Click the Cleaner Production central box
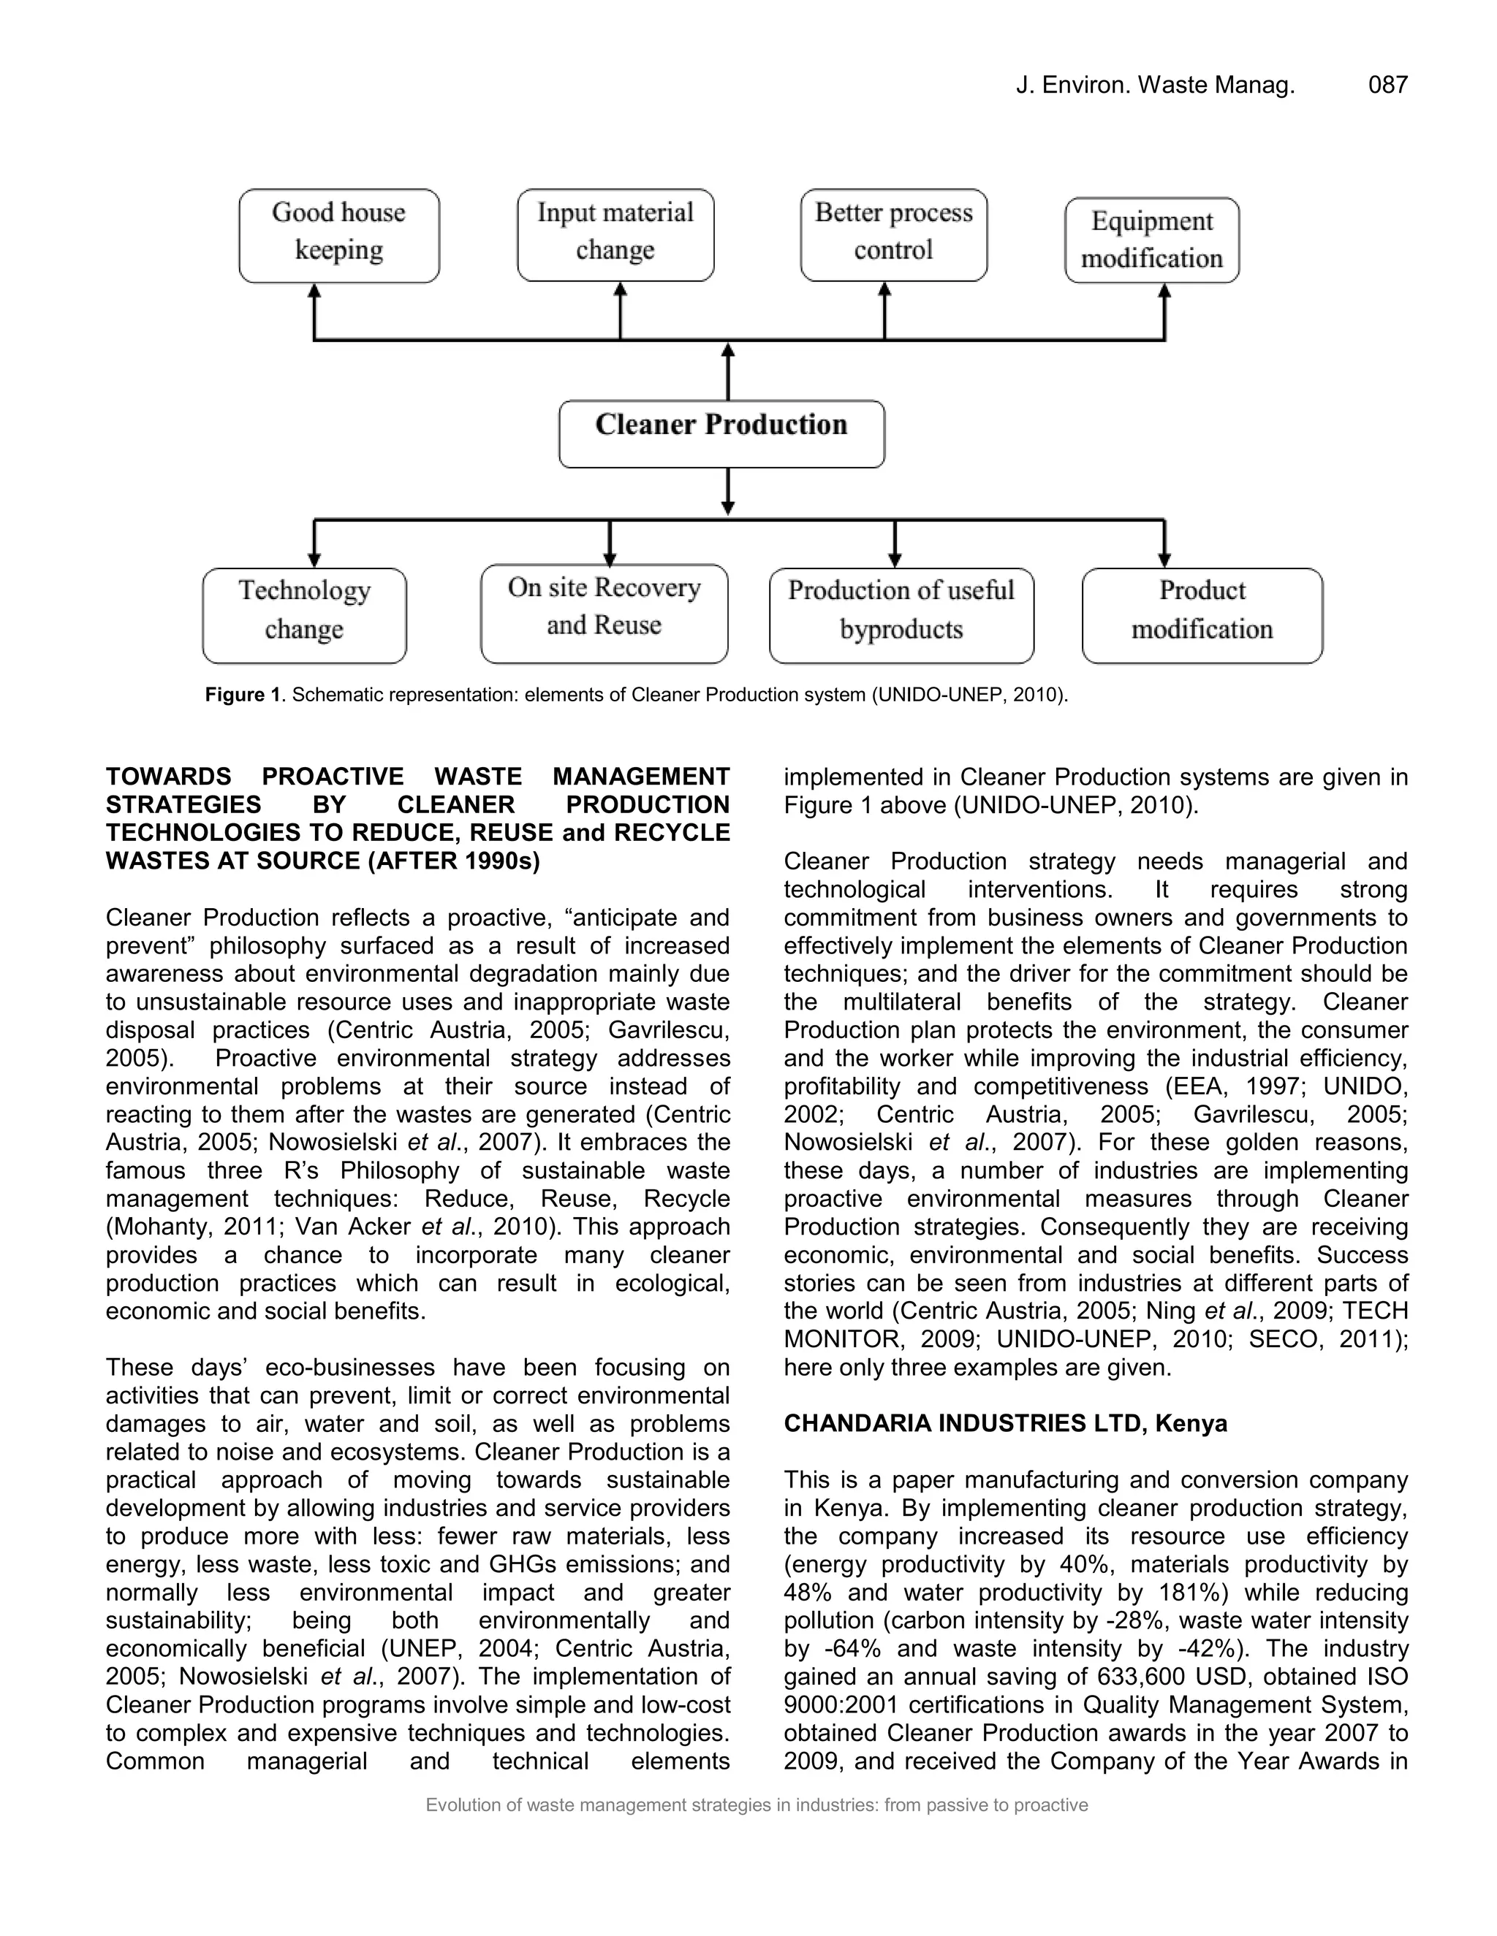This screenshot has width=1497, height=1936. point(721,433)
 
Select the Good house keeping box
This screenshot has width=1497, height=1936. point(338,236)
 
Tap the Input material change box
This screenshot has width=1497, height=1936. point(615,235)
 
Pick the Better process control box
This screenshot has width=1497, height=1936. point(893,235)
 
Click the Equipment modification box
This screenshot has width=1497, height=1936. point(1151,240)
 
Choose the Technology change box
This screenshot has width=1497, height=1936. point(304,615)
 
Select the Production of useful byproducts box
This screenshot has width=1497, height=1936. point(901,615)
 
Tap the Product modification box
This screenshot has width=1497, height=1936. point(1202,615)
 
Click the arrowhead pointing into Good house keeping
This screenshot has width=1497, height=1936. point(314,291)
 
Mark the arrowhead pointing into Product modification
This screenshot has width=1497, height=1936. point(1164,560)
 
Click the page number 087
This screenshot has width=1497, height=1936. point(1387,85)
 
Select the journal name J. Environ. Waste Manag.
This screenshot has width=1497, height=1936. point(1155,85)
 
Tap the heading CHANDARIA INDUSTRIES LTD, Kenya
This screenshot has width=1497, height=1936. point(1005,1424)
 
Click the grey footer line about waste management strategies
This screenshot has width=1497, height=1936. point(757,1804)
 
